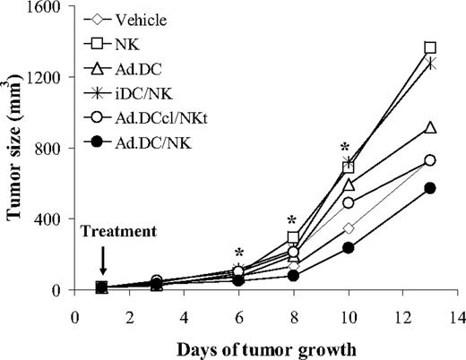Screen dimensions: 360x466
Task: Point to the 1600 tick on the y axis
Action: (46, 7)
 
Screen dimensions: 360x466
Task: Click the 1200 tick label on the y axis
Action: (46, 78)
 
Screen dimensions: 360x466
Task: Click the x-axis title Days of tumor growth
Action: (266, 347)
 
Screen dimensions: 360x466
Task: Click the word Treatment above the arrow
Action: (116, 232)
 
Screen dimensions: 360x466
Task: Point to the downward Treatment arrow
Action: (102, 261)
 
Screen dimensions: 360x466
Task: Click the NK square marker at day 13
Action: (430, 47)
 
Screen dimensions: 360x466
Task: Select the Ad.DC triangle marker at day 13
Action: (430, 128)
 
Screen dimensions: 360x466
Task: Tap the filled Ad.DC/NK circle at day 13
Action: (430, 188)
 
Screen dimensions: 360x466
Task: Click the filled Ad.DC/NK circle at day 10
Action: (348, 248)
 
